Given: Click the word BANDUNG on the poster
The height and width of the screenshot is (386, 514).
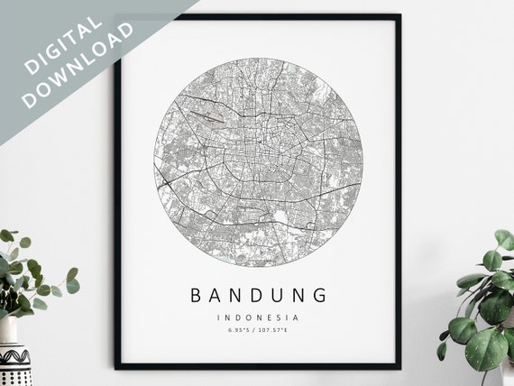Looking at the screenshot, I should [x=257, y=295].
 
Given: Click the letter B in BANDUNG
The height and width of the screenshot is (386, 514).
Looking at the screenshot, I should [x=196, y=295].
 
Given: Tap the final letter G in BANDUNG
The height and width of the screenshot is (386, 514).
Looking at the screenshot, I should [x=320, y=295].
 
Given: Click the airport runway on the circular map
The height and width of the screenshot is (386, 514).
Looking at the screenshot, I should [x=207, y=116].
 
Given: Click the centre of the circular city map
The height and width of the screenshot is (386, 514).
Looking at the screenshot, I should [x=257, y=162].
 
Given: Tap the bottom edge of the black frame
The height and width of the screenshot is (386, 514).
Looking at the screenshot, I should [x=257, y=366].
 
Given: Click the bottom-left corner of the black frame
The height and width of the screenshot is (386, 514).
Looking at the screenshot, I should [x=116, y=367].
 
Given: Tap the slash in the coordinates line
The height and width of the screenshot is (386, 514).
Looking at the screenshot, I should [x=257, y=332].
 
